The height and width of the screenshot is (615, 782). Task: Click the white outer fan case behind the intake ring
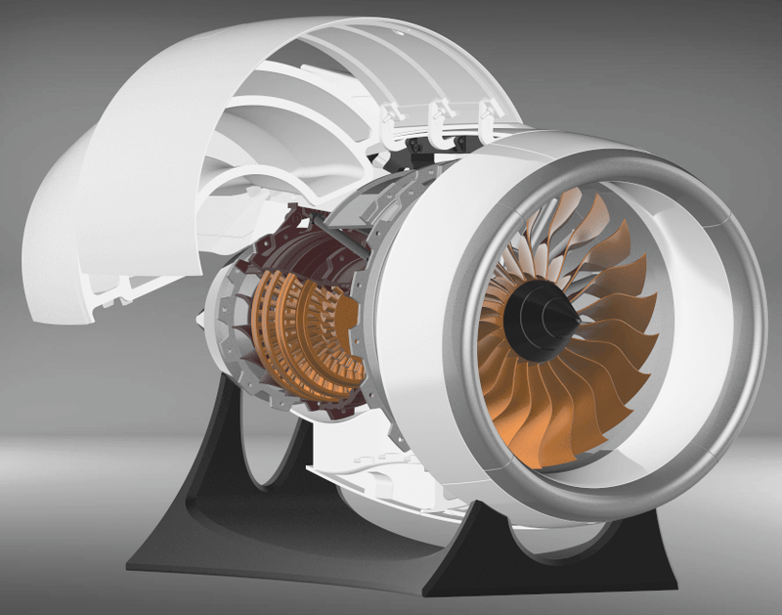point(420,293)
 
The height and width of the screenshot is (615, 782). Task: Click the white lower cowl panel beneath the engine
point(391,489)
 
